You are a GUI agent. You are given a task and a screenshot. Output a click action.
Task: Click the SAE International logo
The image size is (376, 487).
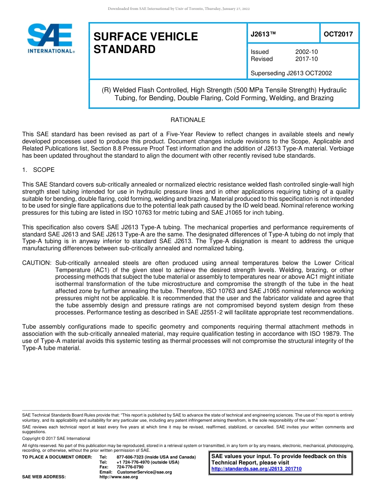(x=49, y=38)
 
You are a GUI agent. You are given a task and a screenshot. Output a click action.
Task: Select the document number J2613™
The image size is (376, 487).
(x=263, y=34)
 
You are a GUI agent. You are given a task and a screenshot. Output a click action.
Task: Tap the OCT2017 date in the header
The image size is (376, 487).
(x=338, y=34)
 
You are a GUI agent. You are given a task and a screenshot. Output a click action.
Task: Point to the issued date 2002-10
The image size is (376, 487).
(x=306, y=52)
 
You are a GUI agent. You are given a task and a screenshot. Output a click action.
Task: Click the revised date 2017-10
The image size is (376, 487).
(x=306, y=59)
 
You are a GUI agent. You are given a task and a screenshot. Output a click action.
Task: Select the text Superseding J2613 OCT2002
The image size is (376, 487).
(x=291, y=73)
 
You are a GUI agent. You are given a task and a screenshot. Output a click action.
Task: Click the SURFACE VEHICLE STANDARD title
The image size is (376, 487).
(x=145, y=43)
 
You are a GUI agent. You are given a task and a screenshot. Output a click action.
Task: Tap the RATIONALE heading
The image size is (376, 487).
(x=188, y=120)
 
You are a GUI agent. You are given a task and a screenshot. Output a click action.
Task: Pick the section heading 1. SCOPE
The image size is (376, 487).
(x=38, y=170)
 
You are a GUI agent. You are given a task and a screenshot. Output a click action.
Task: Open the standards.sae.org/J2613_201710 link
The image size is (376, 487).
(x=256, y=469)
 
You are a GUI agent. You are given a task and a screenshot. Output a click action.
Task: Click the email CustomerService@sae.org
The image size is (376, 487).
(x=144, y=472)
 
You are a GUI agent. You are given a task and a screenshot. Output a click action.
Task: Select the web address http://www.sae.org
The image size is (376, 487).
(x=119, y=477)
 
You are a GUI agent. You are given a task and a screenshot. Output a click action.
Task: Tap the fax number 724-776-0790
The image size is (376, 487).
(x=130, y=467)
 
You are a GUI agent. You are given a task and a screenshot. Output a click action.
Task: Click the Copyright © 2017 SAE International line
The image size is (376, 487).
(x=56, y=438)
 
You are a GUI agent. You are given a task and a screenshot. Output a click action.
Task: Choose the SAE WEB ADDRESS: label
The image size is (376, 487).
(x=44, y=477)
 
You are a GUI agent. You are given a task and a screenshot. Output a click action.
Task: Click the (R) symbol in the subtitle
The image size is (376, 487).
(x=106, y=90)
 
